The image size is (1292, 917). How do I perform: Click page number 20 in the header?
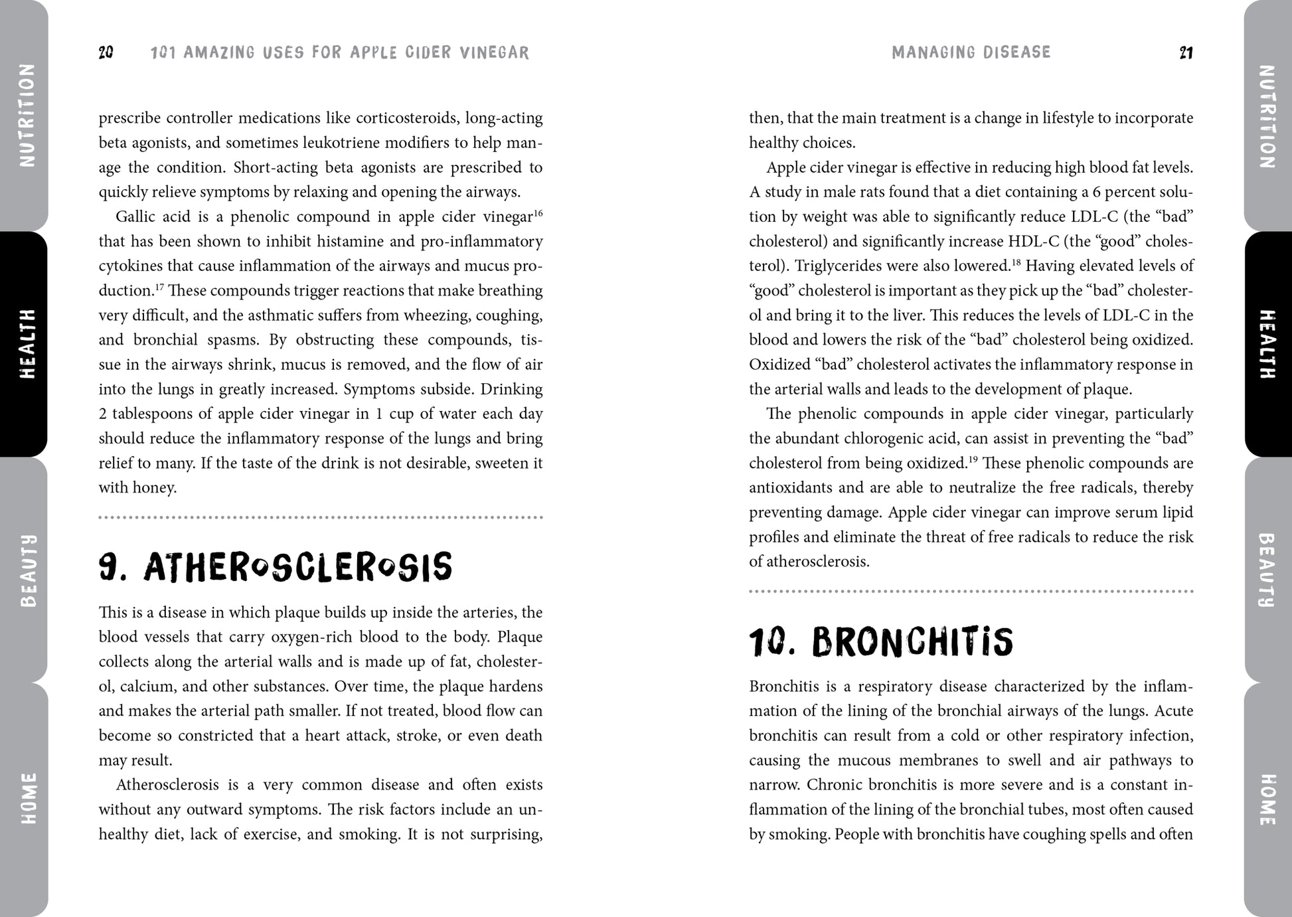[x=106, y=53]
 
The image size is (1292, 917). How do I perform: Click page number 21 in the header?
[x=1186, y=53]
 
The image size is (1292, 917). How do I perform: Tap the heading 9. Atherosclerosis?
[x=276, y=568]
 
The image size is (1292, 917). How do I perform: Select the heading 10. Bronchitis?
[x=881, y=642]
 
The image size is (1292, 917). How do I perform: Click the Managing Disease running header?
[x=971, y=52]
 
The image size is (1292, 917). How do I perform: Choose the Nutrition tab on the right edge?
[x=1267, y=116]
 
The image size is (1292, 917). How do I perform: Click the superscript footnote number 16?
[x=538, y=212]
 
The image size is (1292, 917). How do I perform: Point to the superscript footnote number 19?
[x=973, y=459]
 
